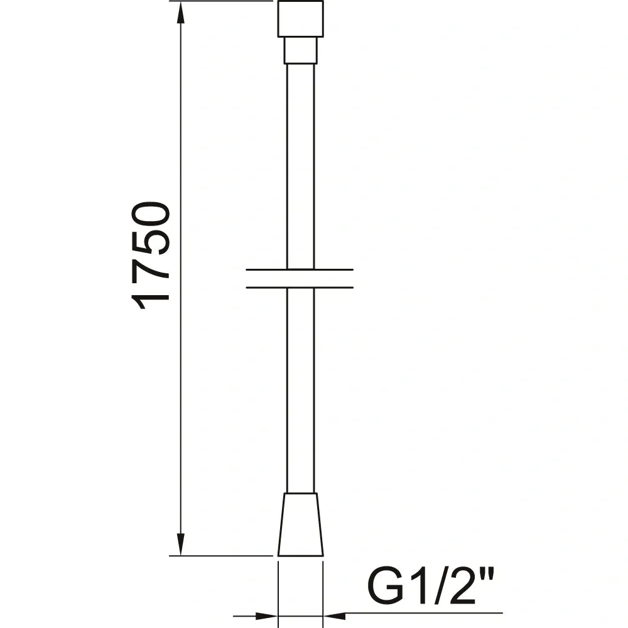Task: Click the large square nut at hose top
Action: coord(300,18)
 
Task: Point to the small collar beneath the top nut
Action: coord(300,50)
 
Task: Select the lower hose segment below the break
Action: coord(300,389)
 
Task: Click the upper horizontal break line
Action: coord(300,270)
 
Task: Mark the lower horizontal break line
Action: coord(300,288)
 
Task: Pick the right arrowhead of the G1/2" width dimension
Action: coord(333,613)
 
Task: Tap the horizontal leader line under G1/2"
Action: coord(427,613)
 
